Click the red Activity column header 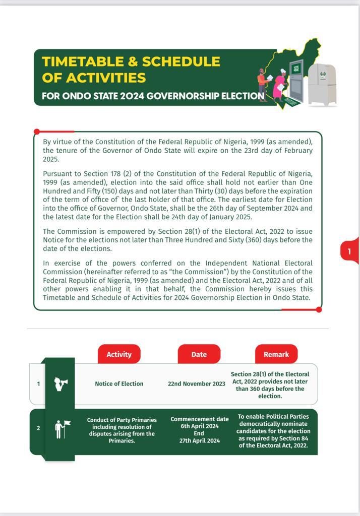[119, 354]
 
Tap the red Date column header [199, 354]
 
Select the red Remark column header [276, 354]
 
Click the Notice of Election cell [119, 383]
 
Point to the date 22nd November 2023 [197, 383]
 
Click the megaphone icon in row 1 [61, 384]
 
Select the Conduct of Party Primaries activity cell [122, 430]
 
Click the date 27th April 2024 [200, 440]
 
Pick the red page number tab [349, 250]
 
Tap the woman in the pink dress [279, 85]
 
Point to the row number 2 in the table [38, 428]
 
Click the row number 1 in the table [38, 384]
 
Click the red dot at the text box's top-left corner [37, 132]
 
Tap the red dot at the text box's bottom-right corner [319, 309]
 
